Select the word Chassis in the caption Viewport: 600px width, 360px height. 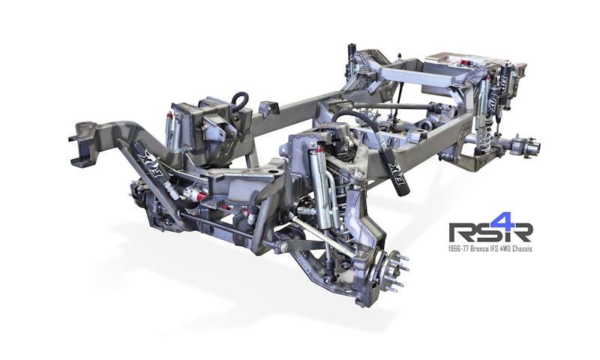tap(523, 249)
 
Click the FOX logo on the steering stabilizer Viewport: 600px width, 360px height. tap(147, 160)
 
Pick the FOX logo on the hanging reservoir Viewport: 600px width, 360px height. tap(391, 168)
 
